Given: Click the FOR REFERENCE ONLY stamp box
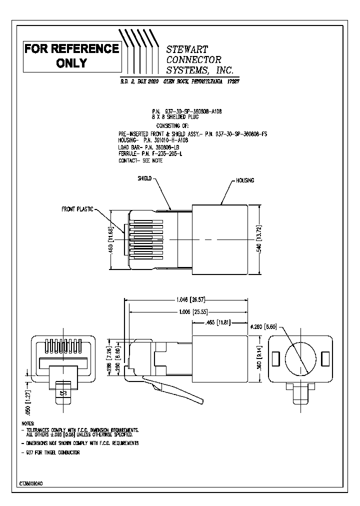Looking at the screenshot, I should coord(72,55).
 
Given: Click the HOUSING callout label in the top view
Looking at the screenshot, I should coord(245,180).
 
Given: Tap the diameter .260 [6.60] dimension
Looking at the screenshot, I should coord(263,326).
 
